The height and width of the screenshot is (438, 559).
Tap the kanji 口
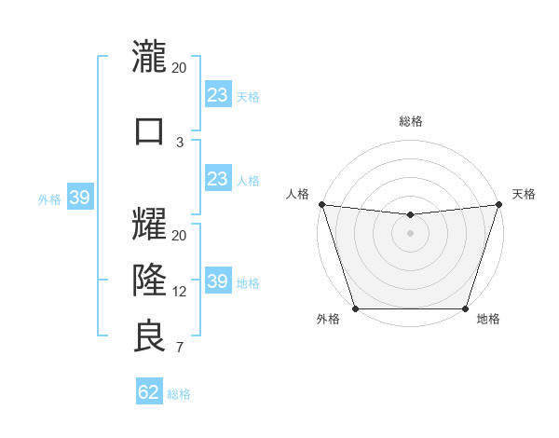150,130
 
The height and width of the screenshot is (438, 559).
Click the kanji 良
150,336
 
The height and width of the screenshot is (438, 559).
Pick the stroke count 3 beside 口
180,142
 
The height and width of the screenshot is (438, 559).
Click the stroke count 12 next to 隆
180,292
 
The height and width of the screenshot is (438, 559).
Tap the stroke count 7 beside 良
180,349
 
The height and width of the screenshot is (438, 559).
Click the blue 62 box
149,392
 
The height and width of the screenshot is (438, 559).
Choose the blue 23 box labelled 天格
218,95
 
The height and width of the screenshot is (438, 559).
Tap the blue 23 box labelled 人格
218,179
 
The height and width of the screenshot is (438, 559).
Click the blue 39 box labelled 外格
80,198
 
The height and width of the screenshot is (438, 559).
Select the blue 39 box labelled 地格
218,281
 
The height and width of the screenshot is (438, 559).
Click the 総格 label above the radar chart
410,121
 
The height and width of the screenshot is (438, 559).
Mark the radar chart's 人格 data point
321,204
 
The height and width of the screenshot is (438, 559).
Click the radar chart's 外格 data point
355,308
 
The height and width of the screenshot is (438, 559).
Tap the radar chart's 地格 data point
465,308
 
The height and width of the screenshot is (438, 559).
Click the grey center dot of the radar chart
410,233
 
